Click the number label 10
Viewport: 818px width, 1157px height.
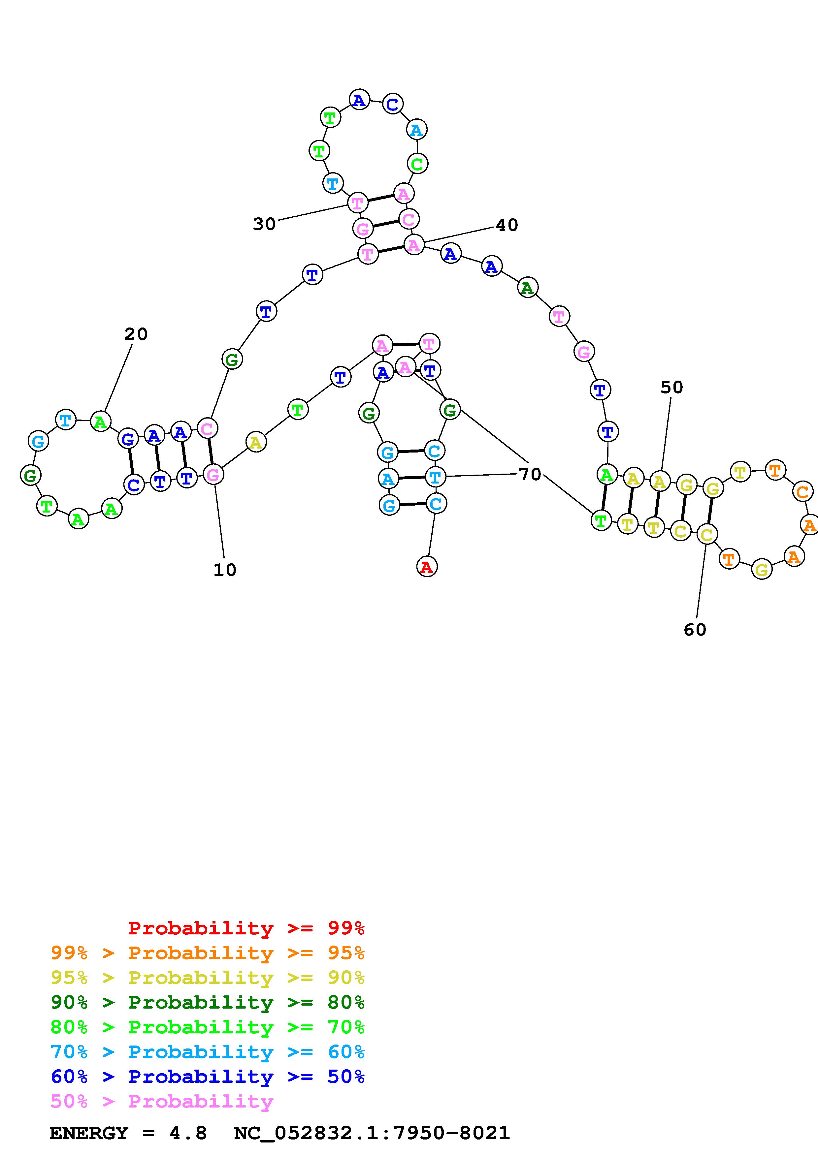tap(225, 570)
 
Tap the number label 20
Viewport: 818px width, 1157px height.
tap(136, 334)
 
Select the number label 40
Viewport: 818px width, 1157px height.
tap(507, 225)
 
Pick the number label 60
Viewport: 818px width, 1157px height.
tap(695, 629)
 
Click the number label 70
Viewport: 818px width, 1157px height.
tap(530, 474)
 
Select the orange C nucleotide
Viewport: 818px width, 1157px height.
tap(802, 491)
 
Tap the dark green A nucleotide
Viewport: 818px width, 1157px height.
tap(527, 288)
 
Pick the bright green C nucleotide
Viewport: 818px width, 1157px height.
tap(417, 164)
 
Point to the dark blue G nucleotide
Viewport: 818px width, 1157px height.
tap(128, 439)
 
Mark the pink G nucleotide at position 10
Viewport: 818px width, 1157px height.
tap(213, 475)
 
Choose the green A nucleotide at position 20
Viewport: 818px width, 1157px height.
tap(100, 422)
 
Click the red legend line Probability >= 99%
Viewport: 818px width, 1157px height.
tap(246, 928)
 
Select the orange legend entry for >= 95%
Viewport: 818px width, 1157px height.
tap(207, 953)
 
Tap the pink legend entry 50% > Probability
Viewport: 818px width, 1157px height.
tap(161, 1101)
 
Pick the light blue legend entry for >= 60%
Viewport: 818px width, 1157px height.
tap(207, 1052)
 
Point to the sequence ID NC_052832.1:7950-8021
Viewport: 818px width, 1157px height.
tap(372, 1133)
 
